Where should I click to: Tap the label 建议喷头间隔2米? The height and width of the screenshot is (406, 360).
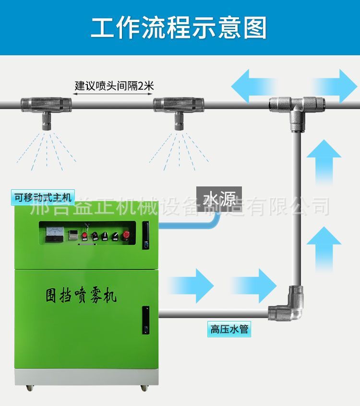tap(114, 86)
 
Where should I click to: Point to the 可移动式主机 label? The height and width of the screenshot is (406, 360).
tap(42, 197)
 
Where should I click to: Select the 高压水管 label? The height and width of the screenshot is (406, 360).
tap(229, 330)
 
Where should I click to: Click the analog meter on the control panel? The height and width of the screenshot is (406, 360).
tap(55, 234)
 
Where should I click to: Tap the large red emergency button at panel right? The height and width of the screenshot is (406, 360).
tap(127, 235)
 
